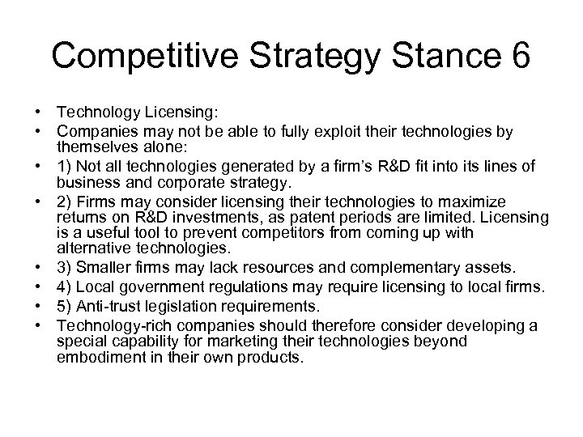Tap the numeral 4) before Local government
[66, 286]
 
